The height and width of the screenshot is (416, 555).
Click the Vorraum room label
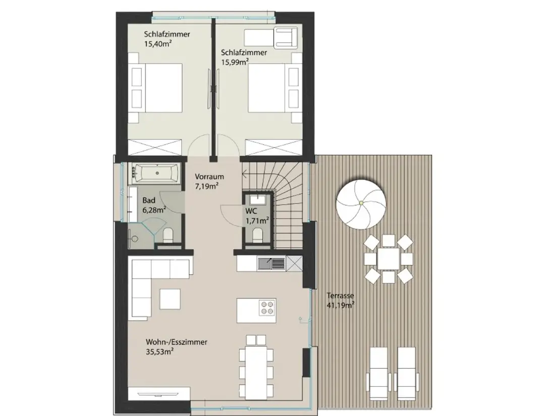(x=209, y=176)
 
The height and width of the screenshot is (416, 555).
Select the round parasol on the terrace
(x=361, y=203)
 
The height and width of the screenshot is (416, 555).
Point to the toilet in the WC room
(x=257, y=235)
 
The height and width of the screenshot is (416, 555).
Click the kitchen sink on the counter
(x=271, y=263)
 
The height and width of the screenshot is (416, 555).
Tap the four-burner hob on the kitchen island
(x=266, y=308)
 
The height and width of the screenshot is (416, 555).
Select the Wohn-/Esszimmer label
(x=176, y=342)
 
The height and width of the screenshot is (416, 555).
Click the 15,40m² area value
(x=158, y=43)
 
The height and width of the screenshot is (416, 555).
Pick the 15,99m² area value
(x=235, y=62)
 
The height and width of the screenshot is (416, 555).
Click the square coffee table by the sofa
(x=170, y=299)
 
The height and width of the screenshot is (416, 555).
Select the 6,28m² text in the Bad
(x=154, y=210)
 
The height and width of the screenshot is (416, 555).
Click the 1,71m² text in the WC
(x=257, y=221)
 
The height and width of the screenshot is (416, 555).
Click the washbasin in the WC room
(x=257, y=199)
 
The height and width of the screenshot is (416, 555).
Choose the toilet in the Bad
(x=168, y=235)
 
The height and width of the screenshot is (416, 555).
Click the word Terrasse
(x=340, y=295)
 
